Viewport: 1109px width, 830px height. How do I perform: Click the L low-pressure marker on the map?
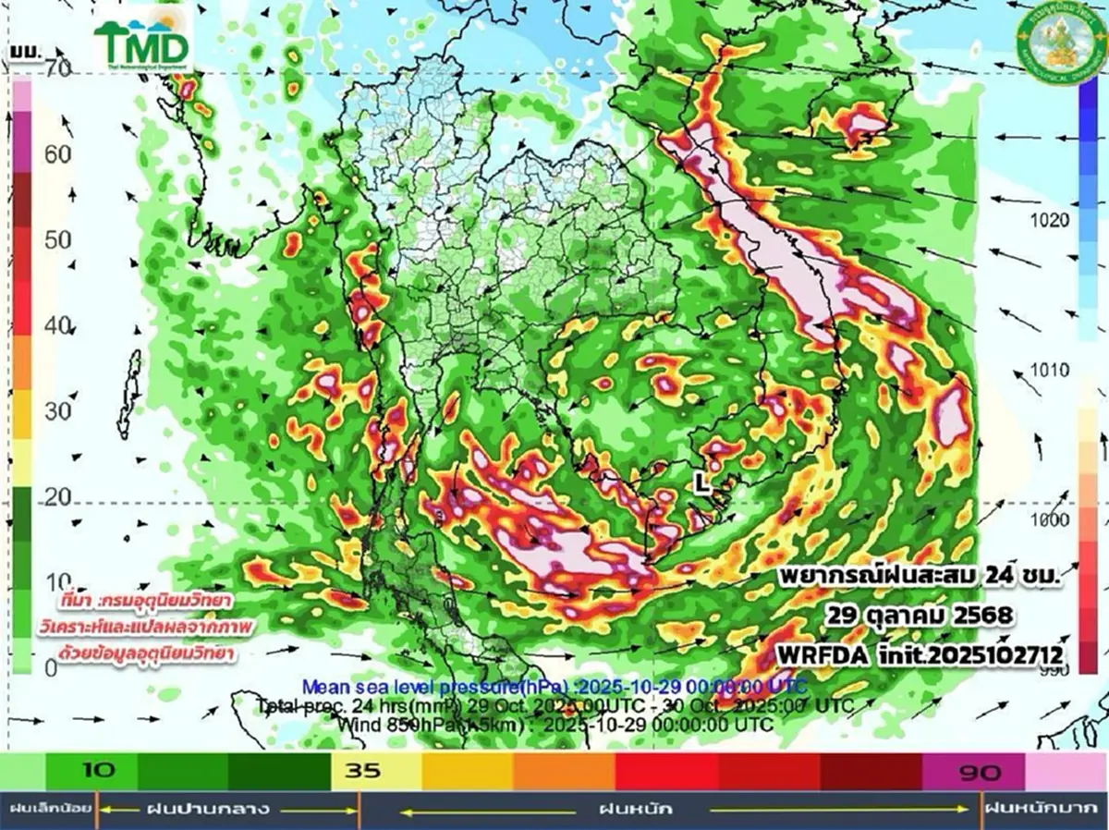pyautogui.click(x=702, y=482)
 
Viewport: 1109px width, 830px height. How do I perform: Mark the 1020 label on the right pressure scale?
pyautogui.click(x=1048, y=220)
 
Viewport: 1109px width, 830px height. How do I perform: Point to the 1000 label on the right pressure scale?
pyautogui.click(x=1048, y=520)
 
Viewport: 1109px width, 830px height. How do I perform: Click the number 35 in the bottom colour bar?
pyautogui.click(x=362, y=770)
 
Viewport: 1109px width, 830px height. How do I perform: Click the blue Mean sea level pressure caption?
pyautogui.click(x=554, y=687)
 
